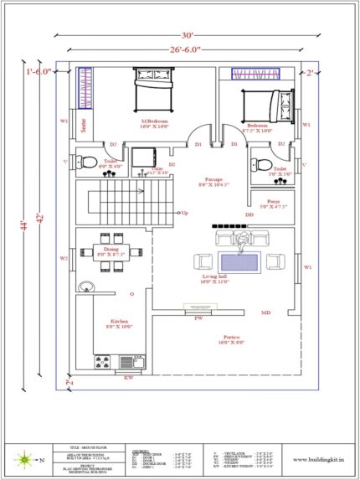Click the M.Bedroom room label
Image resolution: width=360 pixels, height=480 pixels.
pos(154,122)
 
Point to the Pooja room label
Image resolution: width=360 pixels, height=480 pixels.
pos(274,203)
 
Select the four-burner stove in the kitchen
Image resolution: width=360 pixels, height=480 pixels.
pos(102,363)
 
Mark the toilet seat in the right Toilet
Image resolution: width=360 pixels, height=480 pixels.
pos(263,162)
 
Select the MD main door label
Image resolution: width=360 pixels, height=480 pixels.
pos(265,312)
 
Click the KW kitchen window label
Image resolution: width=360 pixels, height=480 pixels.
pos(128,379)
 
